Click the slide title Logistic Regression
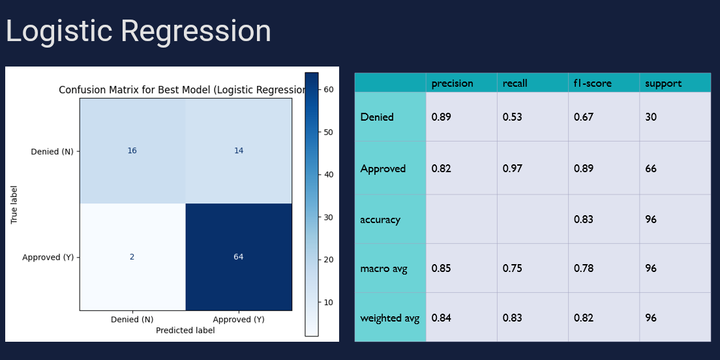pos(138,31)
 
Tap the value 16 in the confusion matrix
pos(132,151)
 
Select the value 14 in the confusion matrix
pos(239,151)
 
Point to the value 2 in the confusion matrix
pos(132,257)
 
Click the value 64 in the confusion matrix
pos(239,257)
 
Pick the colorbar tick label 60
pos(329,89)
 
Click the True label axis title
pos(14,203)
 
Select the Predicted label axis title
pos(185,331)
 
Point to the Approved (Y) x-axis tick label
pos(239,320)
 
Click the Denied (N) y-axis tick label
pos(52,152)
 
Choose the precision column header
pos(452,83)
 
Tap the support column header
pos(663,83)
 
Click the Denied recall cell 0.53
pos(512,117)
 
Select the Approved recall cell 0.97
pos(512,168)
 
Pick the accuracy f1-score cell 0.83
pos(584,219)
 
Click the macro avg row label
pos(383,268)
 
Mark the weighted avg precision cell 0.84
pos(441,318)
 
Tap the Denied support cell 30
pos(651,117)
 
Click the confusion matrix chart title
pos(183,90)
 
